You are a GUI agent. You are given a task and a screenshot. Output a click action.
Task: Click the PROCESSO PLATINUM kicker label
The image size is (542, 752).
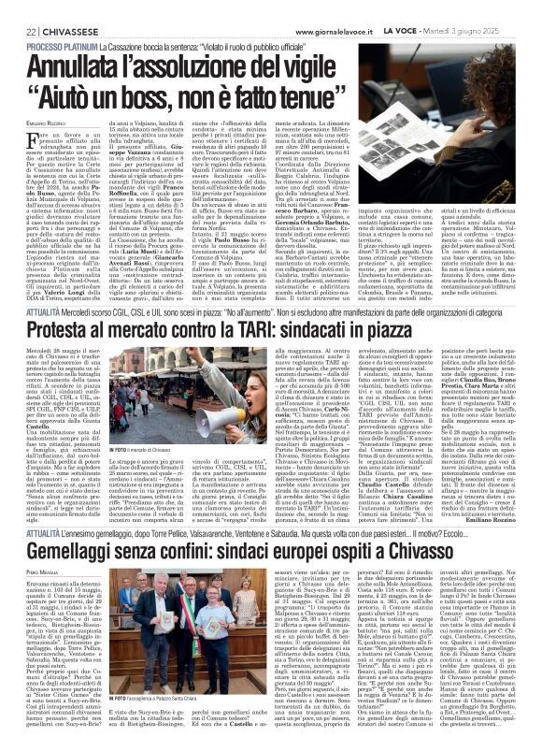click(44, 46)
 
